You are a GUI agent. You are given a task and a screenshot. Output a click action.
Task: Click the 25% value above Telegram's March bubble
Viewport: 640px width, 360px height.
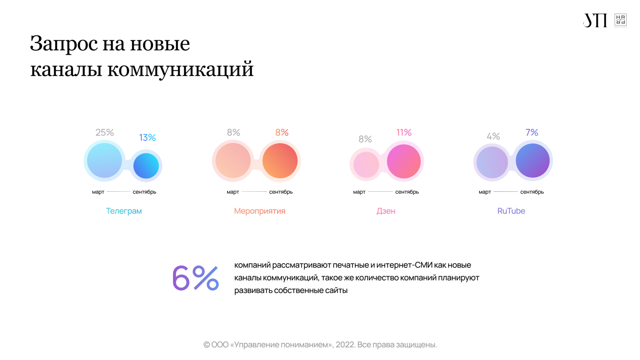pos(104,133)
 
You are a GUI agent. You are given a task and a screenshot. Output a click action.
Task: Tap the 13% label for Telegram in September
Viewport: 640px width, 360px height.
pos(147,138)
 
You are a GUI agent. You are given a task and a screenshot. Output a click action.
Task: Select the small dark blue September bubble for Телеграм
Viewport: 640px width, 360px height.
pos(146,166)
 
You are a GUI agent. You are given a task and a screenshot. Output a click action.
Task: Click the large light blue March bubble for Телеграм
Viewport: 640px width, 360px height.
pos(104,160)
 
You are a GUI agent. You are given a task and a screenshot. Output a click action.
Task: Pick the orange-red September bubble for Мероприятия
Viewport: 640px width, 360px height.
pos(280,161)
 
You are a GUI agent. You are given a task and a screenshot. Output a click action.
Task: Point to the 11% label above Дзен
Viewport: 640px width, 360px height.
pos(404,133)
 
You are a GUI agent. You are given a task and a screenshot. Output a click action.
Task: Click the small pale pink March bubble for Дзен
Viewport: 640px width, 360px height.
pos(366,165)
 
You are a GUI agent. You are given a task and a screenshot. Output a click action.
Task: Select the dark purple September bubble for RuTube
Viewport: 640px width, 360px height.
pos(533,160)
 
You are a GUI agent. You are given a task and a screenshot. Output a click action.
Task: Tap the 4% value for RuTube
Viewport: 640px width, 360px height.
pos(493,136)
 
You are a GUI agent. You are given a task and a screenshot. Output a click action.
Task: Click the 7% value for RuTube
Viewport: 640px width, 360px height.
pos(532,133)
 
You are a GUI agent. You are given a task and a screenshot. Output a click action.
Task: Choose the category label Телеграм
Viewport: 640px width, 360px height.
pos(124,211)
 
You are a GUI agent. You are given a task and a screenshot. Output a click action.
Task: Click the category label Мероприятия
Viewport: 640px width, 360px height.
pos(259,211)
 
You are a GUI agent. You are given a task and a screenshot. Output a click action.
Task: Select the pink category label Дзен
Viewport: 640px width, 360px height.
pos(386,211)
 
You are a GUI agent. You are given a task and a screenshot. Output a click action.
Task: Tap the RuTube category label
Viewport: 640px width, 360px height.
pos(511,211)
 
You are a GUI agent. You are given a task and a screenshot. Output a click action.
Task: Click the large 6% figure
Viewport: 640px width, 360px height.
pos(195,278)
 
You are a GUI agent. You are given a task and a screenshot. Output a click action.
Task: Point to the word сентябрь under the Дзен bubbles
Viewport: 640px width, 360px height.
pos(407,192)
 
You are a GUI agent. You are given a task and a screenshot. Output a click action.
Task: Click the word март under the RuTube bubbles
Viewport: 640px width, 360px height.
pos(485,192)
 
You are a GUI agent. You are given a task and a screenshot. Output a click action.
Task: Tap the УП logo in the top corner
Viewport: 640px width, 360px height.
pos(595,20)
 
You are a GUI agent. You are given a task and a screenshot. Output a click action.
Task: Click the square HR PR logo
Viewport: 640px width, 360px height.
pos(621,20)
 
